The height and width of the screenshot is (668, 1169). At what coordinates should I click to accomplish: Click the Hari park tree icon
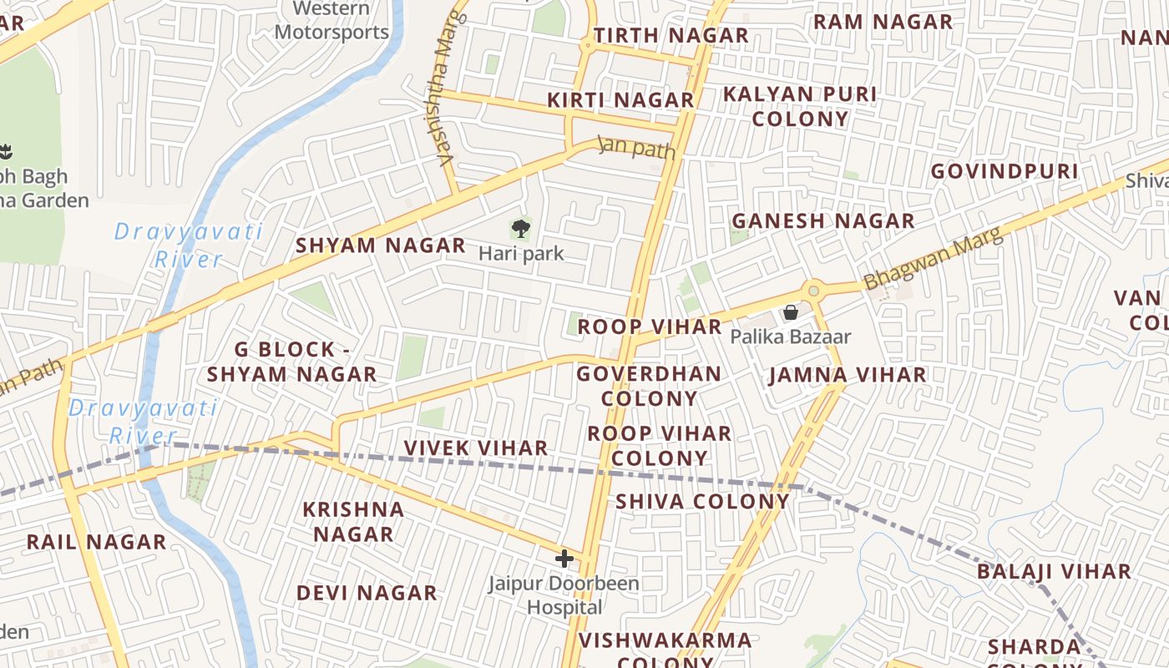tap(520, 227)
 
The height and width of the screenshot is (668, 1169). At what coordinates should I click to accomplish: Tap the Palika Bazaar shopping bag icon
tap(790, 312)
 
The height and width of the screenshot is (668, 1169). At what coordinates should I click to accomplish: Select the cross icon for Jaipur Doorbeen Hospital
tap(564, 559)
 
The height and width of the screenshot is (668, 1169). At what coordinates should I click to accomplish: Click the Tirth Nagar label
tap(671, 36)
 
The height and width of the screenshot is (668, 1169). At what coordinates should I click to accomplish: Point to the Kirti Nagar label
tap(620, 100)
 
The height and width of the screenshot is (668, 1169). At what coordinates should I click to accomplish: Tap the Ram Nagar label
tap(883, 22)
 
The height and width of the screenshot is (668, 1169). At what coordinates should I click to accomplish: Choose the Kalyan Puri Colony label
tap(800, 106)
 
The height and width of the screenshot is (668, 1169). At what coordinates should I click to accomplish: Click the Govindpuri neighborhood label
tap(1005, 171)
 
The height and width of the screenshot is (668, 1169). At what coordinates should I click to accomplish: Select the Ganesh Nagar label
tap(822, 221)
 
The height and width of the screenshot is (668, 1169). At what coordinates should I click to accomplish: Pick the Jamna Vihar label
tap(848, 375)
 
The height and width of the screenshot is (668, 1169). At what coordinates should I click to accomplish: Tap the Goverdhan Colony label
tap(649, 386)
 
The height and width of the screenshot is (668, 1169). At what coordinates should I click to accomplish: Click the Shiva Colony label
tap(702, 501)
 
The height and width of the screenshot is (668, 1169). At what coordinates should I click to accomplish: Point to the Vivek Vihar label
tap(476, 448)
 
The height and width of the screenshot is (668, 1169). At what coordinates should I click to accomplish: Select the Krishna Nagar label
tap(353, 521)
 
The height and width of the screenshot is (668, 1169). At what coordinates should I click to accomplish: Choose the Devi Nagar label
tap(367, 593)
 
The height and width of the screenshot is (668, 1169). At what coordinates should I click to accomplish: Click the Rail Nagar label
tap(96, 542)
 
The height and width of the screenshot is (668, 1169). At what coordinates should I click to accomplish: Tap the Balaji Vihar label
tap(1054, 572)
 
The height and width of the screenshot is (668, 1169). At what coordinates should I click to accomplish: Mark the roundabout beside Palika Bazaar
tap(812, 291)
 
